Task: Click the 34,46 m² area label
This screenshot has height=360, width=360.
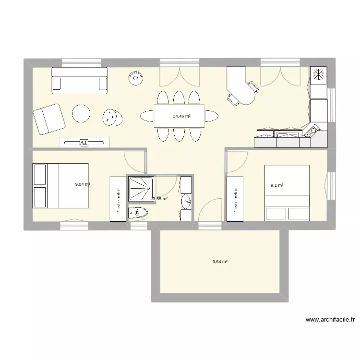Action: click(182, 116)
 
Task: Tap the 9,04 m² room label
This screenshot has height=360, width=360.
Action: click(83, 184)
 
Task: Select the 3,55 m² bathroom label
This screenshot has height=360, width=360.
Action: click(160, 198)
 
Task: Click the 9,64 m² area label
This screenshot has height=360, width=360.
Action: click(220, 262)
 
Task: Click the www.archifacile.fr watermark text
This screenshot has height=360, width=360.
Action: click(330, 320)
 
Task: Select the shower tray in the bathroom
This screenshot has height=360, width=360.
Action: click(140, 189)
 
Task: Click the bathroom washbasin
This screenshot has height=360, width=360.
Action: click(186, 203)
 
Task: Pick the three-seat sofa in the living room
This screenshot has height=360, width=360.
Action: click(80, 80)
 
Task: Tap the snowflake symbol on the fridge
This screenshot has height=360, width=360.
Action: click(318, 75)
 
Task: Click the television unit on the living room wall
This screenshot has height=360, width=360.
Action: click(84, 142)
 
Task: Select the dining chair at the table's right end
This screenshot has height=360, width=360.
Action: click(211, 116)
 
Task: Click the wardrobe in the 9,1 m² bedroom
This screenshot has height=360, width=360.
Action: click(235, 199)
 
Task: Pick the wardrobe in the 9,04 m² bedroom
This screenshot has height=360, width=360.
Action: click(118, 199)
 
